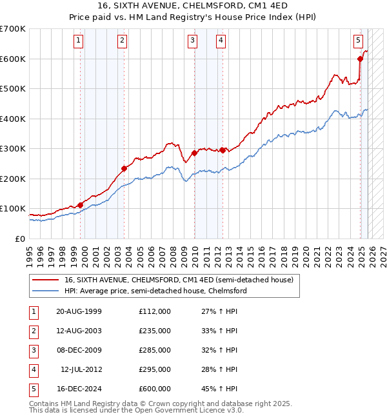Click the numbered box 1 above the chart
pyautogui.click(x=78, y=41)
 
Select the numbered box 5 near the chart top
pyautogui.click(x=358, y=41)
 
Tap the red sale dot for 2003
pyautogui.click(x=124, y=168)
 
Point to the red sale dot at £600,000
pyautogui.click(x=361, y=59)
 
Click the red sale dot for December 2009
pyautogui.click(x=194, y=153)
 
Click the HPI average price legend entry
pyautogui.click(x=155, y=291)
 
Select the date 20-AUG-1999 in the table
pyautogui.click(x=79, y=311)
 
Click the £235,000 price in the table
pyautogui.click(x=154, y=331)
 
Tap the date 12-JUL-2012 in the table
pyautogui.click(x=81, y=369)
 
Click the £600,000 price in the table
pyautogui.click(x=154, y=389)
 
